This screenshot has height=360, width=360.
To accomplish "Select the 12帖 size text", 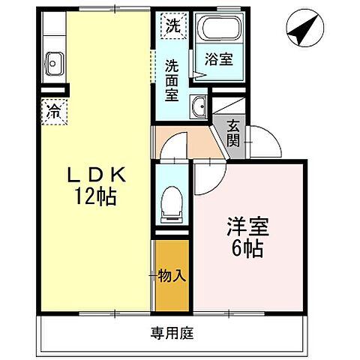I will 94,199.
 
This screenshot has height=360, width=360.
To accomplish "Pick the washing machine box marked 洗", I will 172,25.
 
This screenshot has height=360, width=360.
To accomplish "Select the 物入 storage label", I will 172,276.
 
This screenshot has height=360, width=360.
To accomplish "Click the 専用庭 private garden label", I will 171,332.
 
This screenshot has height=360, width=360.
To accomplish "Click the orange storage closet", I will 172,292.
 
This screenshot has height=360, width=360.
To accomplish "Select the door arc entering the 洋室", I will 212,171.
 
